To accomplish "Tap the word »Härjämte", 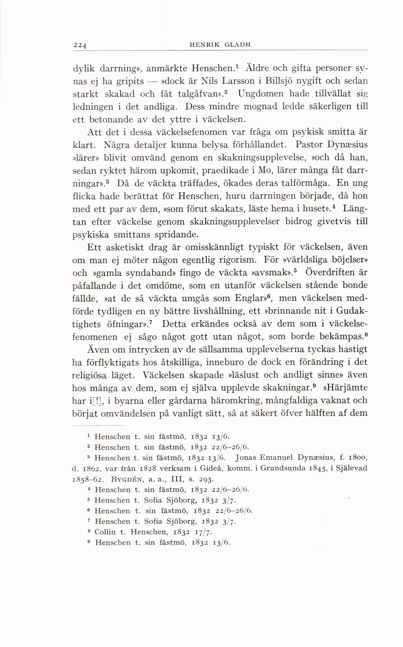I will click(345, 388).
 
